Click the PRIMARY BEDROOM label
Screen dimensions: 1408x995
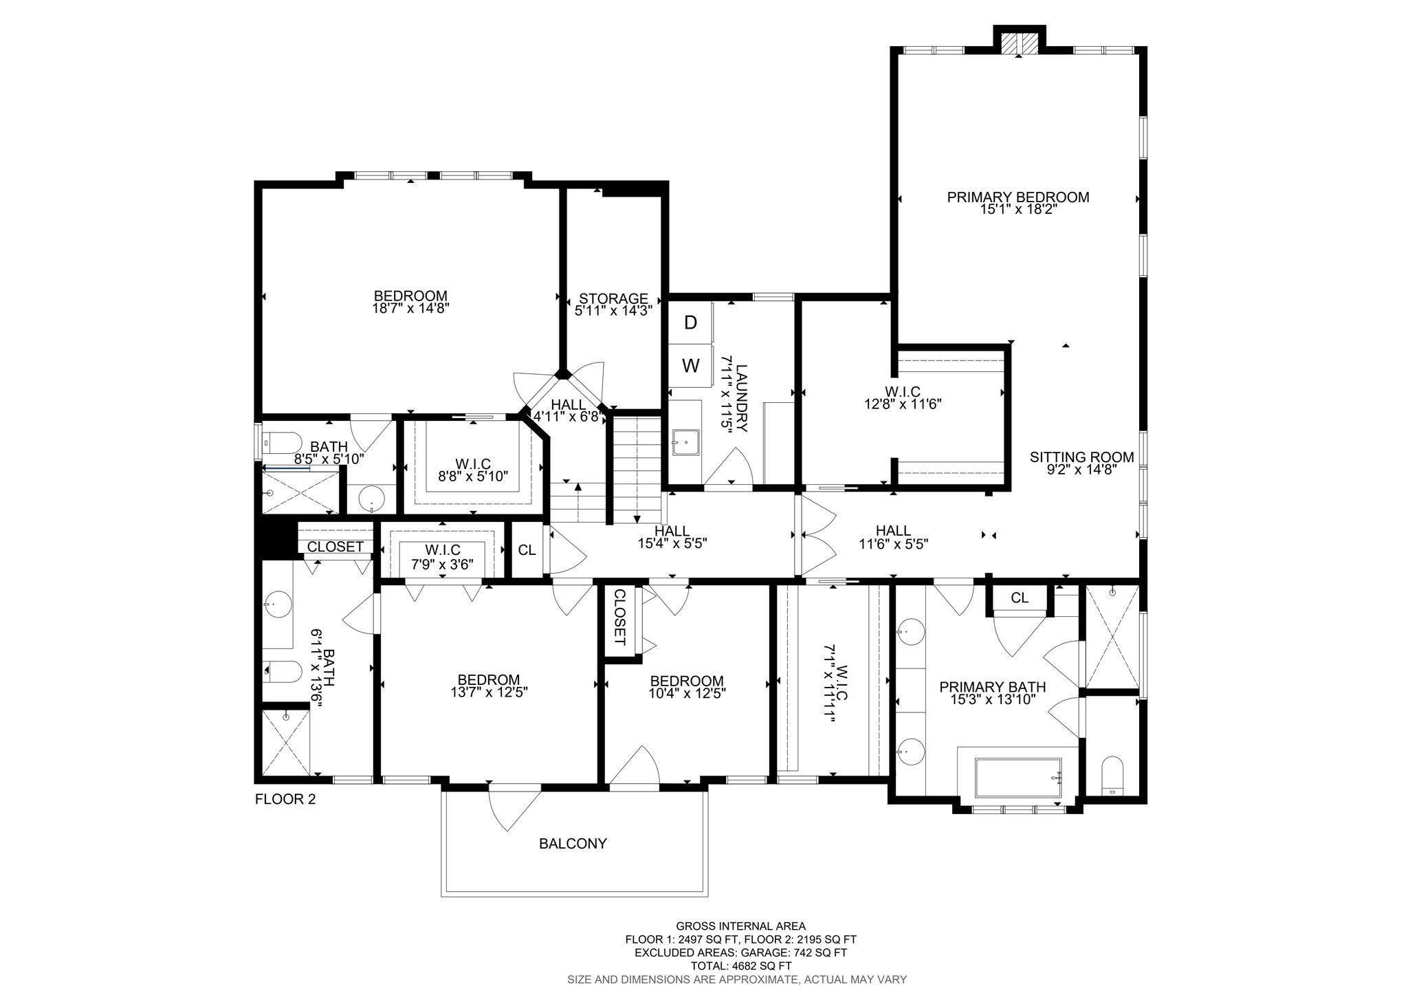[1017, 197]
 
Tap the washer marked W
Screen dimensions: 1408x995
[691, 366]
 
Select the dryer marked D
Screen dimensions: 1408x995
[691, 322]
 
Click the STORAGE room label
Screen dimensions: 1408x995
[613, 298]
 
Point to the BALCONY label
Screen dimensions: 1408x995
[573, 844]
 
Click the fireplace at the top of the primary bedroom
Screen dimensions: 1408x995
[1019, 43]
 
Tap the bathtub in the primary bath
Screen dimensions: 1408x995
[1018, 778]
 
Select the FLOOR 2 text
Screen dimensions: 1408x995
[285, 799]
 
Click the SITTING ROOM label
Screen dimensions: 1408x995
[1081, 457]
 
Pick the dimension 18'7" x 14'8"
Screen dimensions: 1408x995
[410, 309]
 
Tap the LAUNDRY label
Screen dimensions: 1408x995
[741, 398]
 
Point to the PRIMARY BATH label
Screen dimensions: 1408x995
[992, 687]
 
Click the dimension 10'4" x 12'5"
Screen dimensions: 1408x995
[687, 692]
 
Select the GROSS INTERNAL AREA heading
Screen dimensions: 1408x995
[740, 926]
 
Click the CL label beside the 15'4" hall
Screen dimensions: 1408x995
[527, 550]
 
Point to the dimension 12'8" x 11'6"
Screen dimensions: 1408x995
[902, 404]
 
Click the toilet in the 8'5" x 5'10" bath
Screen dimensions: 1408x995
[283, 442]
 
